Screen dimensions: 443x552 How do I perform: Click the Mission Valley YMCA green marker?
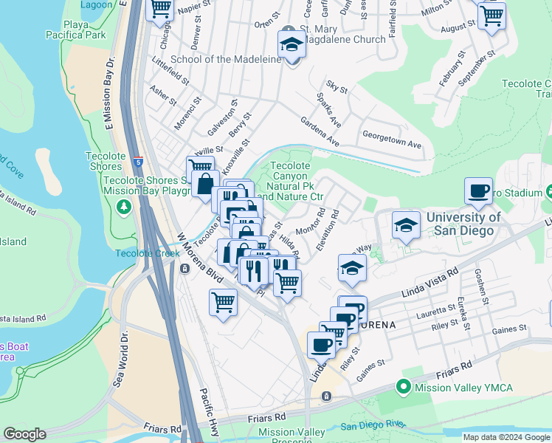click(403, 386)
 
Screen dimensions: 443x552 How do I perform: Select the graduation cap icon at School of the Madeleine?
click(291, 45)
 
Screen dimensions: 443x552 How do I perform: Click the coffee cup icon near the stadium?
click(478, 192)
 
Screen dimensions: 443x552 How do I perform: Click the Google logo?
click(24, 434)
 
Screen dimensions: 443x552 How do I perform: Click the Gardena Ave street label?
click(319, 131)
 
